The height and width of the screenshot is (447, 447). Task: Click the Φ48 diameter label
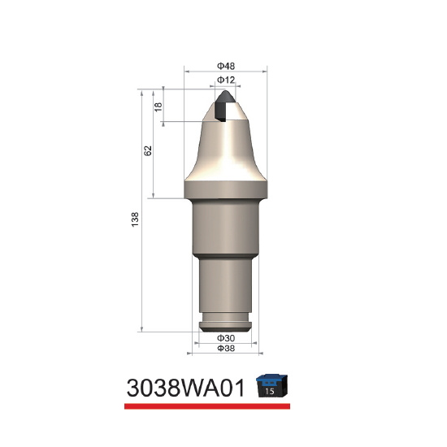[x=226, y=66]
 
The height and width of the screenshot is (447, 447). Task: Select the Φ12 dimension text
[x=226, y=80]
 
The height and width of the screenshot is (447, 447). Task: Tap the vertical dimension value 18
[x=158, y=106]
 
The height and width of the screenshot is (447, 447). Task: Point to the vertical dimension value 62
[x=148, y=150]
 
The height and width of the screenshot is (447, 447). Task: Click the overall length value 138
[x=135, y=219]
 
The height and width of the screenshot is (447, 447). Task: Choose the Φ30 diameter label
[x=226, y=338]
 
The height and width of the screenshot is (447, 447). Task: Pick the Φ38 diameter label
[x=226, y=348]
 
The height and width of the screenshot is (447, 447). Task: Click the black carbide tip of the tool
[x=224, y=105]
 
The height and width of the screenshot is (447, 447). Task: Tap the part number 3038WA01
[x=185, y=388]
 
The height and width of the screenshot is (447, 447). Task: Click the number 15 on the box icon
[x=269, y=391]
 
